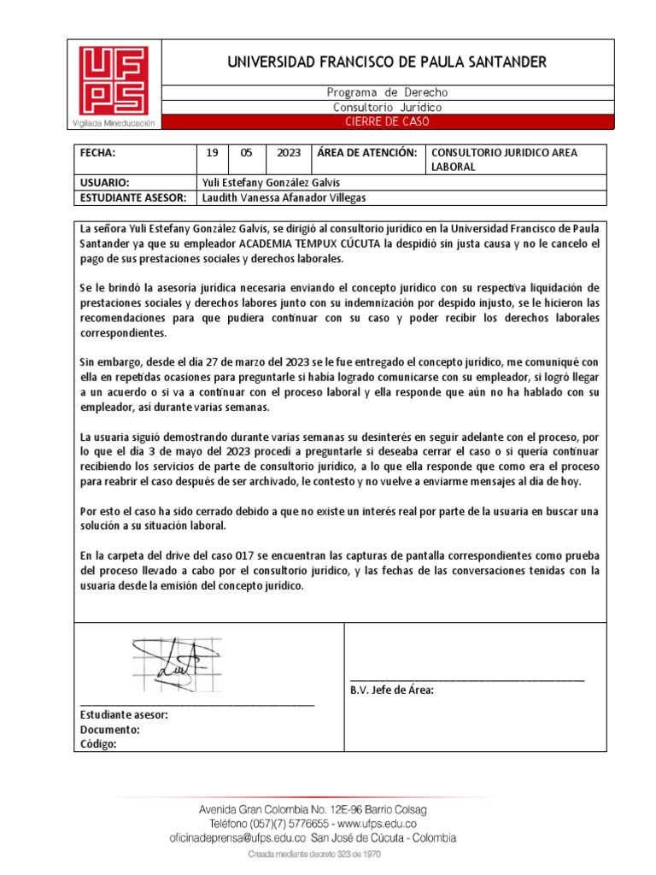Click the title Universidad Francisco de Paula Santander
click(386, 62)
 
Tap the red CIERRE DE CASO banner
click(386, 121)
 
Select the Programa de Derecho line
click(386, 92)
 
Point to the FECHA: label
click(97, 152)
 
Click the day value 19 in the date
click(212, 152)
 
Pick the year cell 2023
click(288, 152)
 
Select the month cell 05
click(246, 152)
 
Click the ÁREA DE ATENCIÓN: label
click(366, 152)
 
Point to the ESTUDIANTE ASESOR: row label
click(132, 197)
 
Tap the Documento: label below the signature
click(110, 730)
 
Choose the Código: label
click(98, 744)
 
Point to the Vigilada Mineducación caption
click(114, 123)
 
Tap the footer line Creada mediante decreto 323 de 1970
click(314, 854)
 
